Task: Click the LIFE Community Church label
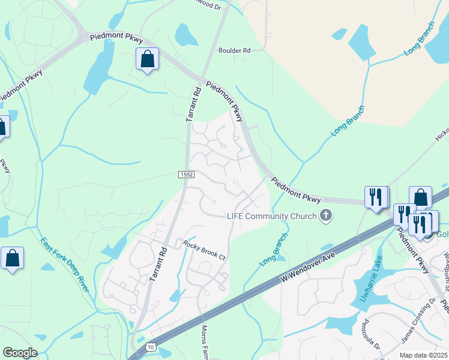click(x=271, y=215)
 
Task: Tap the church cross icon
click(x=325, y=215)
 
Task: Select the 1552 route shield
click(x=185, y=174)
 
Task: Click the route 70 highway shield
click(x=150, y=347)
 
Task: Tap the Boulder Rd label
click(x=234, y=51)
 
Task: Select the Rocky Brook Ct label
click(x=203, y=250)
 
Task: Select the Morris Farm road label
click(x=205, y=342)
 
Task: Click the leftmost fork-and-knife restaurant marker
click(x=375, y=197)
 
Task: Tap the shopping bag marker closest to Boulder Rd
click(x=147, y=59)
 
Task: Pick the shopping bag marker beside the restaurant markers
click(x=420, y=197)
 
